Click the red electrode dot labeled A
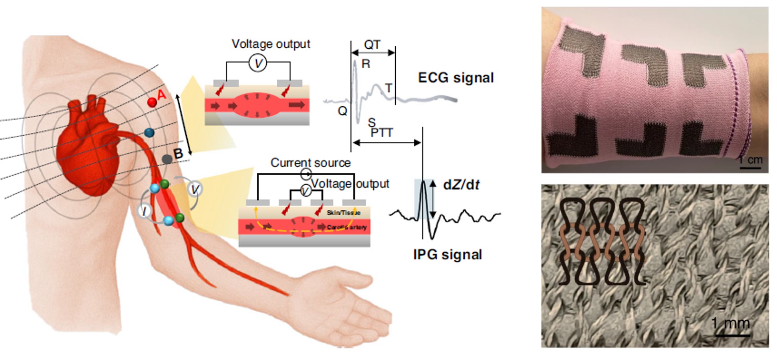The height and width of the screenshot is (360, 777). [x=152, y=102]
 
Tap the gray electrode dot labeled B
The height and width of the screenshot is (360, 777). [x=167, y=159]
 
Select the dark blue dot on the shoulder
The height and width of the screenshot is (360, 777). [x=149, y=133]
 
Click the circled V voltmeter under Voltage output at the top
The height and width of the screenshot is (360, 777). [x=258, y=63]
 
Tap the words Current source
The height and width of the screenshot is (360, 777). [x=310, y=163]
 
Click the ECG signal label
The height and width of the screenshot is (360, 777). [x=456, y=77]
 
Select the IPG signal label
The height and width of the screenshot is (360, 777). [x=447, y=255]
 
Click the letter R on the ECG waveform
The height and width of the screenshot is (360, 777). [x=365, y=64]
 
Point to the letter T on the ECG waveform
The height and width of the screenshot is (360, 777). [x=388, y=88]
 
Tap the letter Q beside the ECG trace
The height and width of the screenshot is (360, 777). [x=342, y=111]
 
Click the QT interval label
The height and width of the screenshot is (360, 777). [x=372, y=45]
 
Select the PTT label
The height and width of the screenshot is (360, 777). [x=382, y=133]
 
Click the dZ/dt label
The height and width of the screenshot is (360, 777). [x=461, y=185]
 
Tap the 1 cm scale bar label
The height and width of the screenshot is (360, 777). [x=750, y=160]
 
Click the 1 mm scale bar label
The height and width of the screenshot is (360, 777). [x=730, y=323]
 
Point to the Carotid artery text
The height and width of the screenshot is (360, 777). [x=346, y=227]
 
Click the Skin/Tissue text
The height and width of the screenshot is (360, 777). [x=343, y=213]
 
